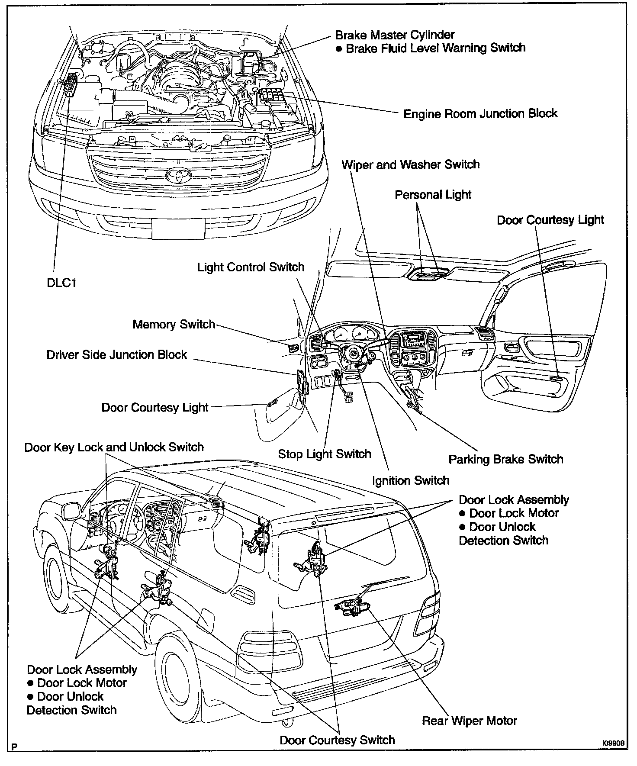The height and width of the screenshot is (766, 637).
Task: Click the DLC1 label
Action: [x=61, y=284]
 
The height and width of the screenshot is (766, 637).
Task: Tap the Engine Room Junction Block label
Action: [x=480, y=114]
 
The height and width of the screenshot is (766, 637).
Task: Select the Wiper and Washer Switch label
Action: [x=410, y=165]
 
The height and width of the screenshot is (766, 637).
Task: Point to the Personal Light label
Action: [x=433, y=195]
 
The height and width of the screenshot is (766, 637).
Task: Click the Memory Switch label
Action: [x=174, y=325]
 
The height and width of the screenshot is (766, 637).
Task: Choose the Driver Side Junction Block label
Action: [x=116, y=355]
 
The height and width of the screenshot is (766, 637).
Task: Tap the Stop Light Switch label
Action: [x=325, y=454]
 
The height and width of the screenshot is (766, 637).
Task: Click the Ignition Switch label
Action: [x=410, y=480]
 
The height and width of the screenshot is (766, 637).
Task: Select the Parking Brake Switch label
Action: [x=505, y=459]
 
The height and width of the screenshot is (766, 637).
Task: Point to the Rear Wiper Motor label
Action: [x=469, y=721]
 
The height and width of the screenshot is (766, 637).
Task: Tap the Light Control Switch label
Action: [x=251, y=267]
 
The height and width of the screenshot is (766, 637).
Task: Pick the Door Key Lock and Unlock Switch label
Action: [x=114, y=447]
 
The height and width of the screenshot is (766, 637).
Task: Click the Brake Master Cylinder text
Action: [x=395, y=35]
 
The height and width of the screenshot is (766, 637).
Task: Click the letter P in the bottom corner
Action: [x=15, y=746]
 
